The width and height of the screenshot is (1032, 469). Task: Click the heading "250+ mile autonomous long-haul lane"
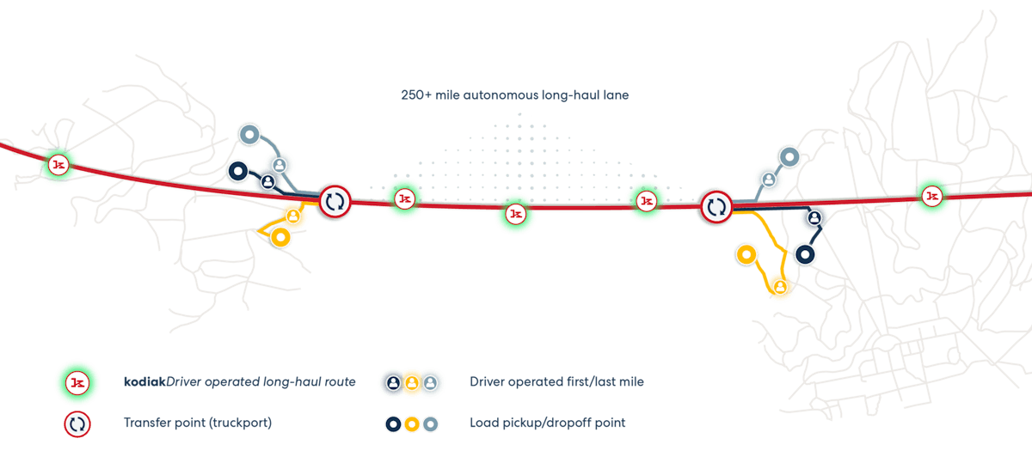coord(514,95)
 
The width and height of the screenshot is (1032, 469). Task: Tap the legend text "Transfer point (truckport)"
coord(192,423)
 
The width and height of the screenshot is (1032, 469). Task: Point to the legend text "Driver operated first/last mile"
coord(556,381)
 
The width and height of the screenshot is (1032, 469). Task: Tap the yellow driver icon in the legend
coord(412,382)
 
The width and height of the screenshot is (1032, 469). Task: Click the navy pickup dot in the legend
coord(392,423)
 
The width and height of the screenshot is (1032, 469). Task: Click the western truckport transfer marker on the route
coord(335,202)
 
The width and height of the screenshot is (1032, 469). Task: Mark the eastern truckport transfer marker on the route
coord(716,206)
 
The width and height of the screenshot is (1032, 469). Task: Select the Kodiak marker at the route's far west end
coord(58,164)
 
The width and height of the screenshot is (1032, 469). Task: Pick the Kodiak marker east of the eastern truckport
coord(931,197)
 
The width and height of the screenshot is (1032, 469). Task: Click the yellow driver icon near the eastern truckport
coord(779,286)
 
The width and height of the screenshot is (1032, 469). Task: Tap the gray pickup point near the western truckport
coord(249,133)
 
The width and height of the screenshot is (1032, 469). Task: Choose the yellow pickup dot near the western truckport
coord(279,237)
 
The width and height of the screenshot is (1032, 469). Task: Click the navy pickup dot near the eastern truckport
coord(805,253)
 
